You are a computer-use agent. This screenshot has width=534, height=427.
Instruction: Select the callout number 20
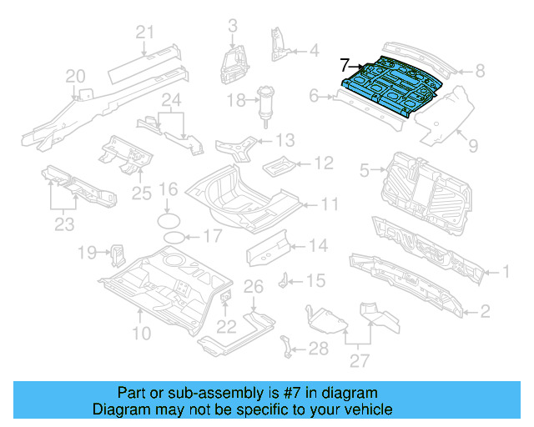coord(75,77)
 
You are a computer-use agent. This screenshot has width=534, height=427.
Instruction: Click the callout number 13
coord(285,139)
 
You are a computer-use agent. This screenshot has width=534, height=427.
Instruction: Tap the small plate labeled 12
coord(278,163)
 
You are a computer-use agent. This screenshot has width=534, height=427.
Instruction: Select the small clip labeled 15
coord(285,279)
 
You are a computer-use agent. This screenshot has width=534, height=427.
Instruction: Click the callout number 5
coord(364,171)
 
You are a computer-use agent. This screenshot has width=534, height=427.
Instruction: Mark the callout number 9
coord(472,146)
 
